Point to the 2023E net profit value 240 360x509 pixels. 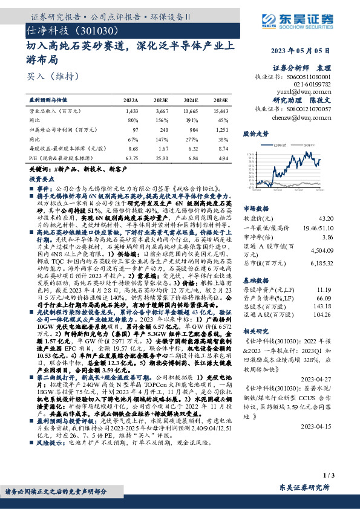(163, 129)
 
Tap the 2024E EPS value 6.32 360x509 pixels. (192, 148)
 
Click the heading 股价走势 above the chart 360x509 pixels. (255, 132)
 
